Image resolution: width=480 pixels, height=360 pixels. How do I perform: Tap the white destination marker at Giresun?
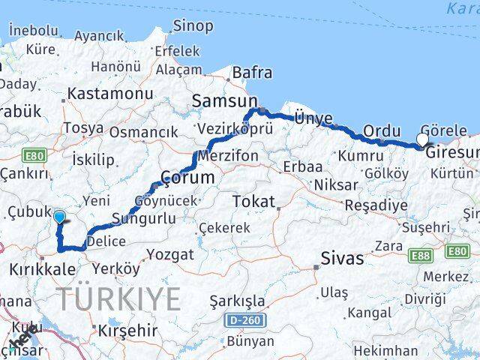(422, 139)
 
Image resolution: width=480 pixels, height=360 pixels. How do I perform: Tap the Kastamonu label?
(109, 94)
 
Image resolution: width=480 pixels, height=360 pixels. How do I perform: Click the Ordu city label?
(382, 131)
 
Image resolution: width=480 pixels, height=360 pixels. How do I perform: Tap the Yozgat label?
(169, 255)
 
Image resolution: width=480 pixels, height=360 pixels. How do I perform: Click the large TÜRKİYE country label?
(120, 299)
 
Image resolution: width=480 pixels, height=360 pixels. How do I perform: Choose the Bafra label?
(252, 73)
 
